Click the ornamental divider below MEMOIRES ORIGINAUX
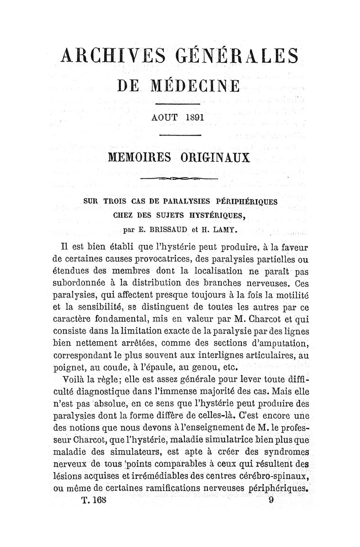tap(179, 180)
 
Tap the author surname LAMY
tap(224, 229)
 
